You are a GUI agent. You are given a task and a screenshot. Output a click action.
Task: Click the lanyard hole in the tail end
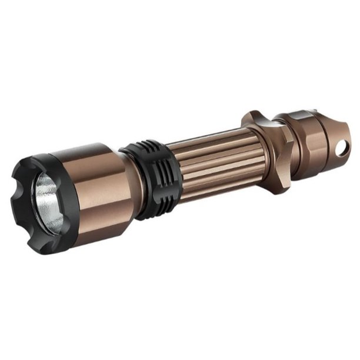click(339, 150)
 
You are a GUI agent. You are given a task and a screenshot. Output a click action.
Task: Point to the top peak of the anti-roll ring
click(253, 114)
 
